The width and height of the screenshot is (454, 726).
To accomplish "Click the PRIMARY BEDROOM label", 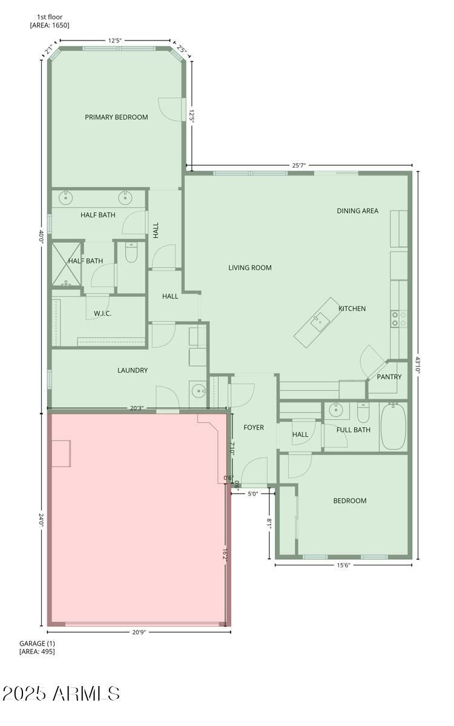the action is point(116,117).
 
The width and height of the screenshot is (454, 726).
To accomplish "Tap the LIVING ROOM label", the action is point(250,267).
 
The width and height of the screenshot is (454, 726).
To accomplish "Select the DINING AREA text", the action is point(358,211).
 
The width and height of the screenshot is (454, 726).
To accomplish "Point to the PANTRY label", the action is point(389,376).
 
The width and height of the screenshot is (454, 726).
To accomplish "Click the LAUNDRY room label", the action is point(133,370).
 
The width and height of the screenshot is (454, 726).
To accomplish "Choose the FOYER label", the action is point(254,428).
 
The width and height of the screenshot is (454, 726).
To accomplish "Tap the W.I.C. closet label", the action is point(102,313).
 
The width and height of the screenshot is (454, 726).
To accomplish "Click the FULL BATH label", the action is point(354,430).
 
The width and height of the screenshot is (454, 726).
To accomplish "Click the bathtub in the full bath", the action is point(393,426).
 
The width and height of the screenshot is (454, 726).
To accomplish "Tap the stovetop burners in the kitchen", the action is point(399,319).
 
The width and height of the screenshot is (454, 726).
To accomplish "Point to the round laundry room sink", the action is point(198,391).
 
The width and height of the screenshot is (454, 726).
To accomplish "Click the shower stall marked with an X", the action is point(67,264).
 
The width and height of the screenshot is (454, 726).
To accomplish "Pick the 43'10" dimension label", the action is point(417,365).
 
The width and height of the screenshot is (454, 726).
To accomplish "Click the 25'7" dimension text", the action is point(299,165).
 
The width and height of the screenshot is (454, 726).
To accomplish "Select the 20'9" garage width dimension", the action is point(139,632).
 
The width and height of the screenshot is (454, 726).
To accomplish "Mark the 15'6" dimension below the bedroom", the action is point(343,565).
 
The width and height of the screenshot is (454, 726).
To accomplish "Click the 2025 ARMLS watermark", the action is point(61,693).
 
